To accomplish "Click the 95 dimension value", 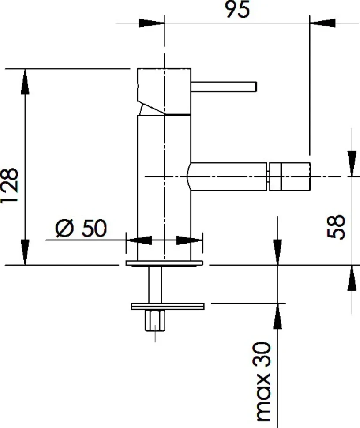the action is click(237, 10).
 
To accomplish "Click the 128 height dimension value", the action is click(10, 185).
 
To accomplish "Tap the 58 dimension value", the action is click(336, 227).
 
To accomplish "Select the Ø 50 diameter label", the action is click(81, 228).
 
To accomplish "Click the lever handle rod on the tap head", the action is click(224, 86).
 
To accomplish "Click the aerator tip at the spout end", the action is click(289, 176).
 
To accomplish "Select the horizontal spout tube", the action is click(227, 176).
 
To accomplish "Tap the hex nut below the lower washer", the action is click(155, 321).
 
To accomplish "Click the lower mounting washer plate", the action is click(168, 306).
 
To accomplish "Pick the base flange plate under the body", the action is click(164, 263).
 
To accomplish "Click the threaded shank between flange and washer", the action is click(155, 285).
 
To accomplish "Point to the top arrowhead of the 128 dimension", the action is click(25, 82).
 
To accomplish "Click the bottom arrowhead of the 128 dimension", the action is click(25, 252).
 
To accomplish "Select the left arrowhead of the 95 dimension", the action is click(151, 23).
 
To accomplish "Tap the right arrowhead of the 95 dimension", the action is click(322, 23).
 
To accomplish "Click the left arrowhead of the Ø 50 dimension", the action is click(139, 240).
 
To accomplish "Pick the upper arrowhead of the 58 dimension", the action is click(352, 164).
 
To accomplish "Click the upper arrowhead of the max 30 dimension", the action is click(278, 252).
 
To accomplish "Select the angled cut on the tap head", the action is click(150, 108).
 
